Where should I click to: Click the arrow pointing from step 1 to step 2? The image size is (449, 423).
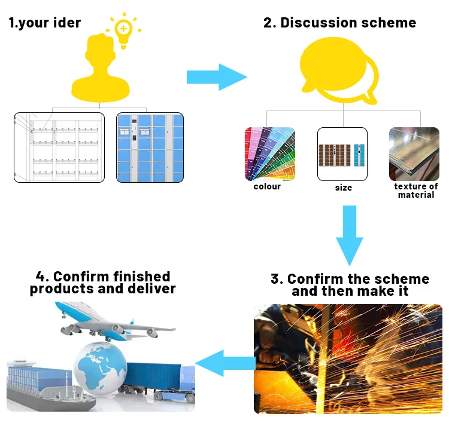[x=216, y=76]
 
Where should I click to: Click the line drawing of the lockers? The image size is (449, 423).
[x=59, y=147]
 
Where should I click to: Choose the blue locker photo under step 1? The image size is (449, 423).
[x=150, y=147]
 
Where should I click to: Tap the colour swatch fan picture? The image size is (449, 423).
[x=270, y=154]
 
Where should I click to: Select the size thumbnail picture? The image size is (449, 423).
[x=342, y=154]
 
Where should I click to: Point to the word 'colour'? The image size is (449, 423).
[x=267, y=186]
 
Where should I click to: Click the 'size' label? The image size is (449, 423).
[x=344, y=188]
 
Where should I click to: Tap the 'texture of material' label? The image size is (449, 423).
[x=415, y=191]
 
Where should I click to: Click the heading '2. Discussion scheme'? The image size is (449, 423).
[x=339, y=23]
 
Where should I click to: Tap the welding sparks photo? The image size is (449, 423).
[x=348, y=358]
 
